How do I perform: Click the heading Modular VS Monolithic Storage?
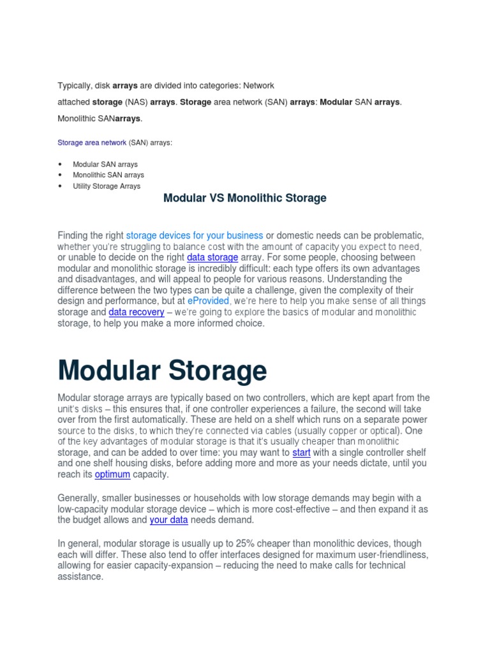point(245,198)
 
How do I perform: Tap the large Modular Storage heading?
point(162,371)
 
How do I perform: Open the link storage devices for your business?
point(195,235)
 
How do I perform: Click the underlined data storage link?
point(212,257)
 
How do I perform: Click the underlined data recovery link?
point(137,312)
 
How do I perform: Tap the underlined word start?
point(301,453)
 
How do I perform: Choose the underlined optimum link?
point(112,474)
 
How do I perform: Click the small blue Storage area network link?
point(92,143)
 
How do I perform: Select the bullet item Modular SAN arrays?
point(105,165)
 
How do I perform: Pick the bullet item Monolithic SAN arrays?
point(108,175)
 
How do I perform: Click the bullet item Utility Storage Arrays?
point(107,186)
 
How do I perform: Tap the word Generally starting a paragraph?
point(80,497)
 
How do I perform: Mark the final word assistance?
point(80,576)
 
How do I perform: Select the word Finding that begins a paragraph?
point(75,235)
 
